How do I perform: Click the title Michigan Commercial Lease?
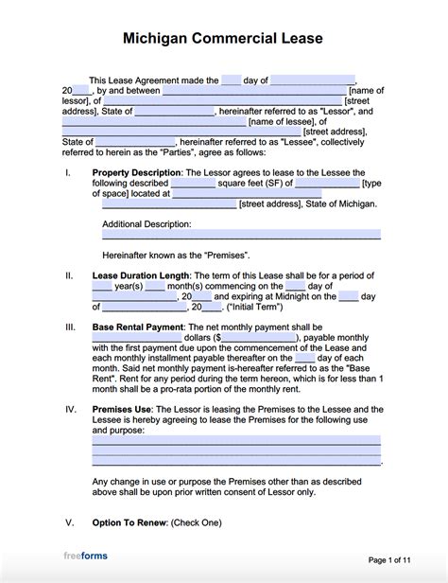(223, 39)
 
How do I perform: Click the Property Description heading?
(136, 172)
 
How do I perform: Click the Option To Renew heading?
(130, 521)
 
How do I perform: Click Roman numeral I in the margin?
(66, 172)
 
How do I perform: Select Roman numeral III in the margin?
(68, 327)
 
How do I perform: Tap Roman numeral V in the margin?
(68, 521)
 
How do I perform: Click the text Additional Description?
(146, 224)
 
